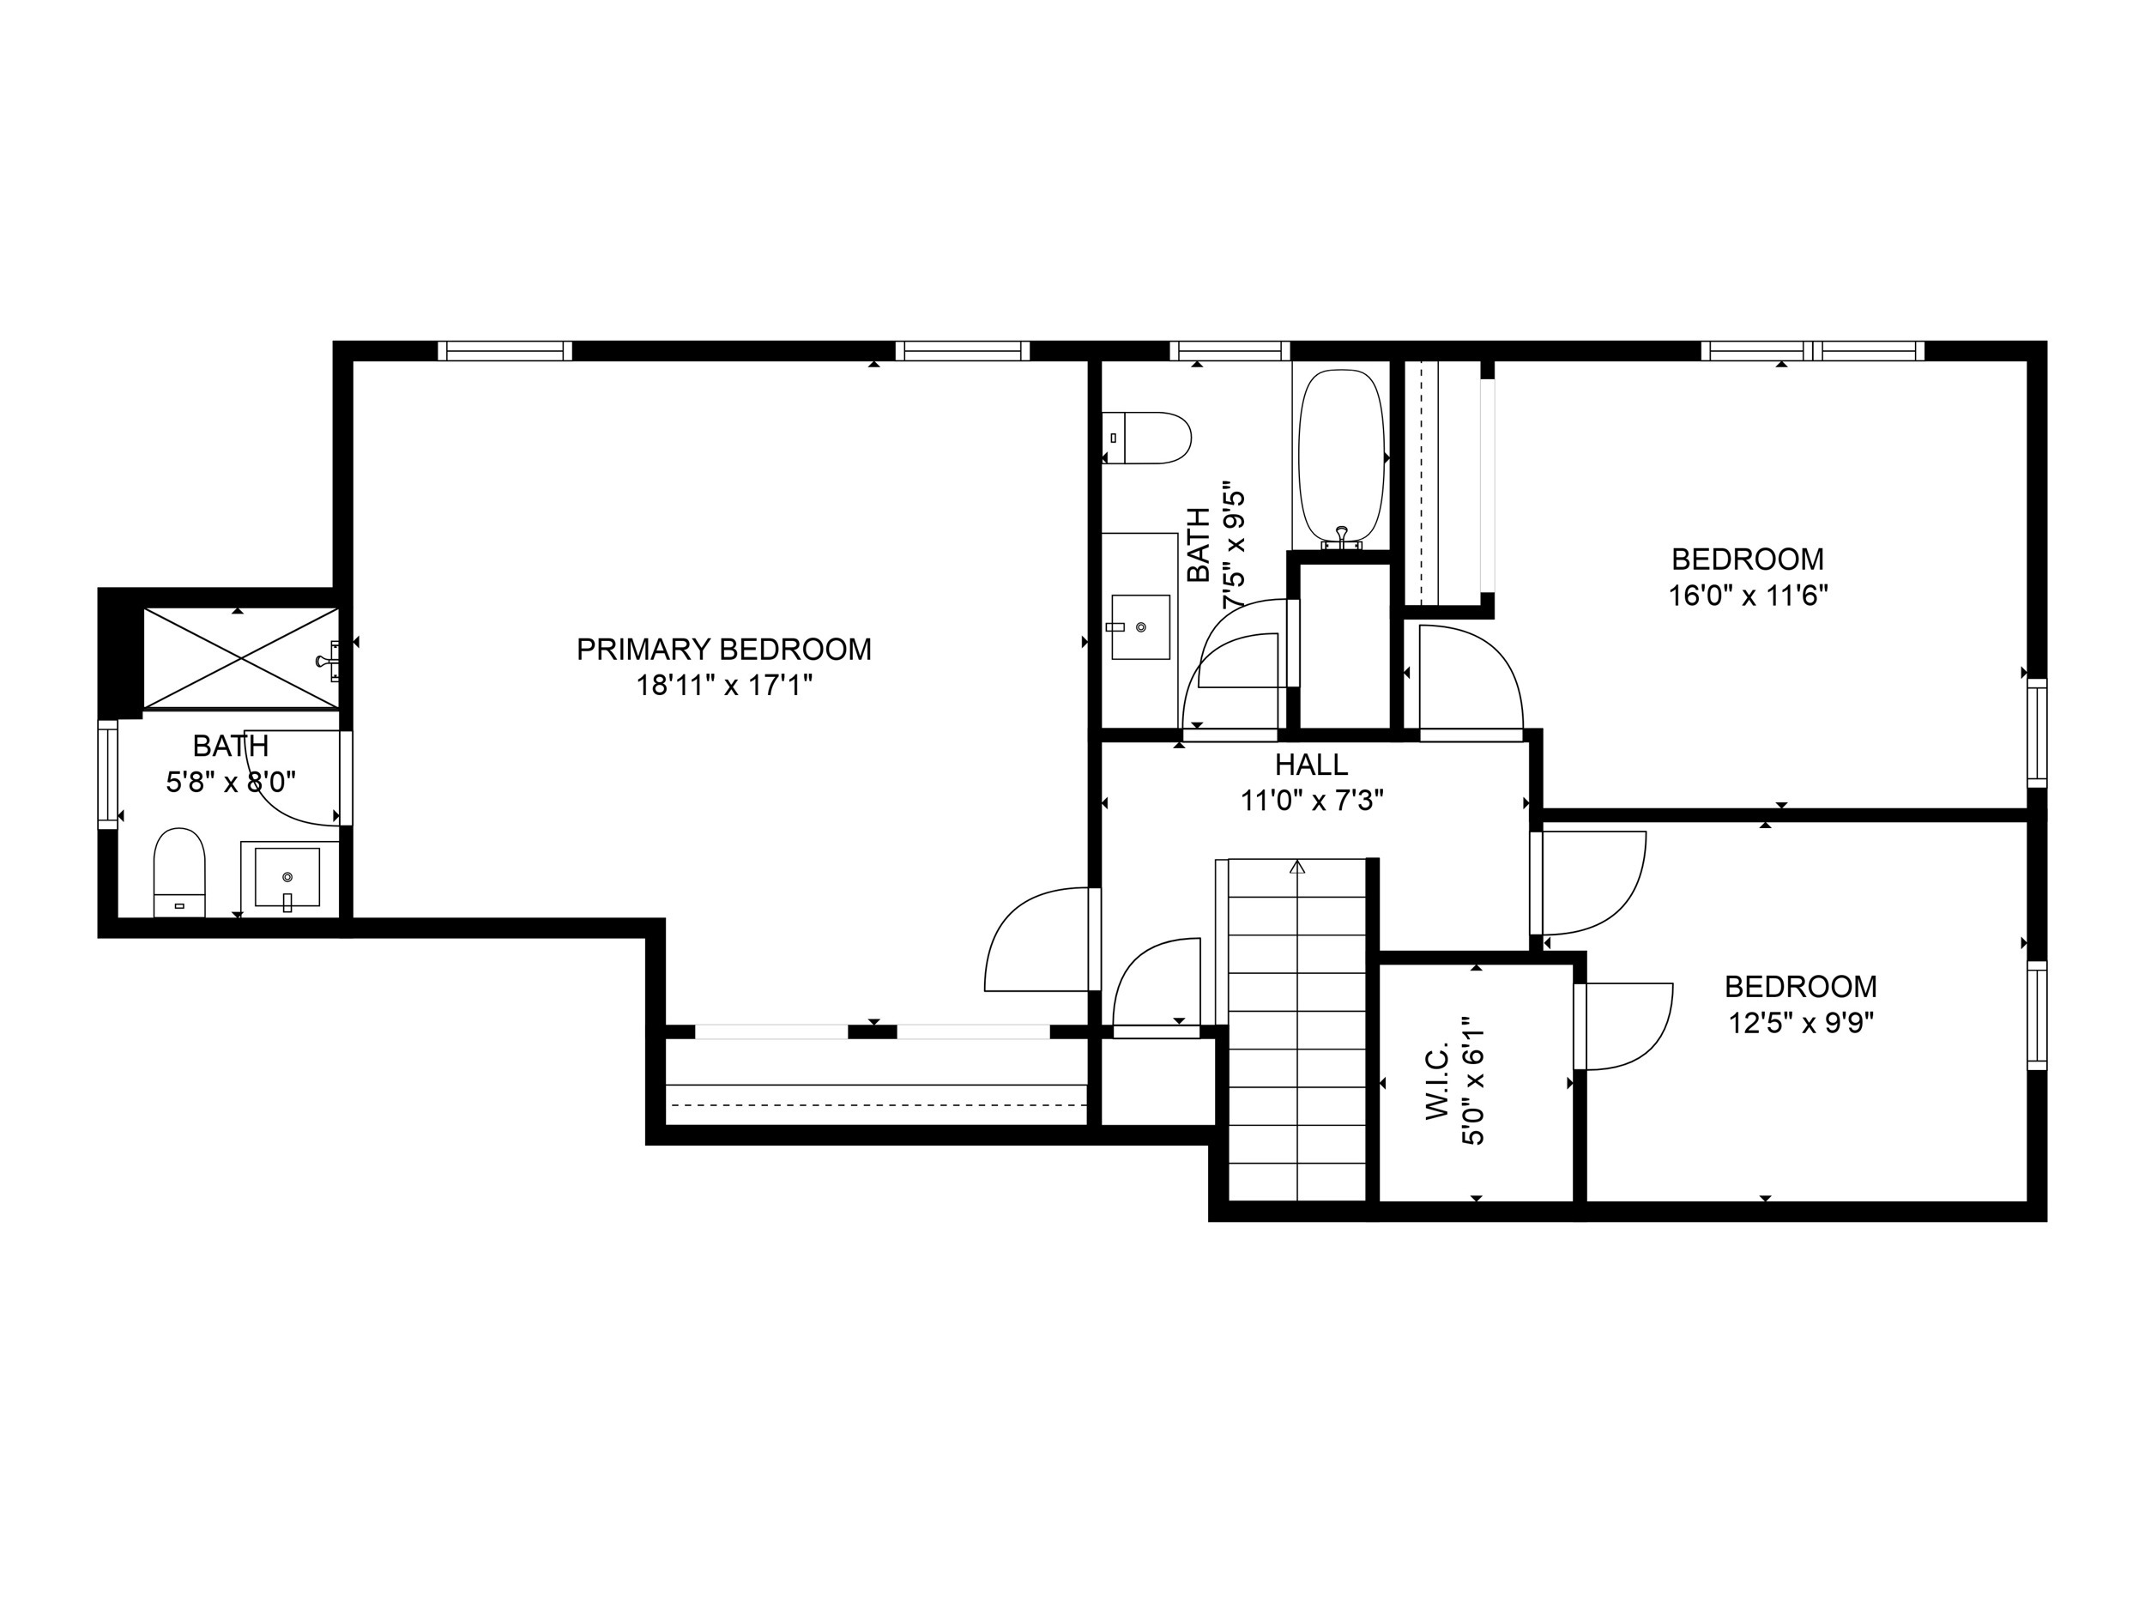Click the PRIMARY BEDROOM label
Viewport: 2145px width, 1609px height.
coord(723,650)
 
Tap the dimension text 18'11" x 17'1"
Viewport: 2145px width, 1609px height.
coord(723,686)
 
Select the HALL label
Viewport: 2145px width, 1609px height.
coord(1311,765)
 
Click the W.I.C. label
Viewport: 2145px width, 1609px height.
coord(1436,1082)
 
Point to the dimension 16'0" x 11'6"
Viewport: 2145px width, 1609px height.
coord(1748,596)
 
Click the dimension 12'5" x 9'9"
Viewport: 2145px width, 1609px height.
coord(1801,1023)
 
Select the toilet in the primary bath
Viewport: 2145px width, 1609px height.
coord(179,872)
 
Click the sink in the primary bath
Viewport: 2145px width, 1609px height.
coord(287,878)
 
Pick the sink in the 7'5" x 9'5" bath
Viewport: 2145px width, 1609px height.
coord(1139,627)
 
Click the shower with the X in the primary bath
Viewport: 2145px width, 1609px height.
coord(240,658)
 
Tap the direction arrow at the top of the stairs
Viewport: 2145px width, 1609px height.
coord(1297,867)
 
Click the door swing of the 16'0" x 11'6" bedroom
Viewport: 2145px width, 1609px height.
coord(1469,679)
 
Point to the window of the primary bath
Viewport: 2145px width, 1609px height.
coord(107,774)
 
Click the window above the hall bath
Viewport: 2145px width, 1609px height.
coord(1230,351)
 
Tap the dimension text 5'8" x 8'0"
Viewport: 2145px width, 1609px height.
coord(231,782)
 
